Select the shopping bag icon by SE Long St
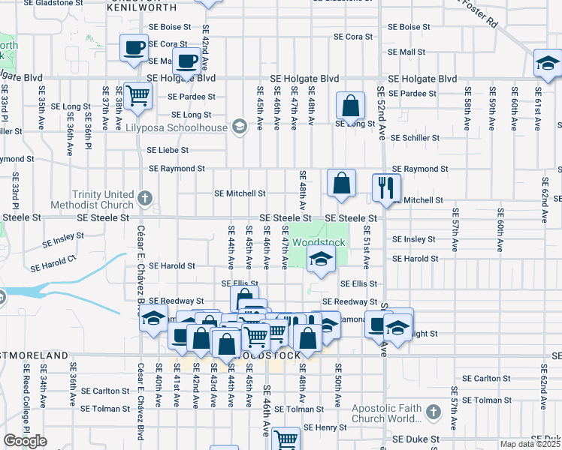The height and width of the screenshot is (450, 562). coord(350,106)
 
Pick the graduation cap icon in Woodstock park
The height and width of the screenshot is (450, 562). coord(321,259)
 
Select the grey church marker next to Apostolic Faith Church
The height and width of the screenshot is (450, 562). coord(433,412)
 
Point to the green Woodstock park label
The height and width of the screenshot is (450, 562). coord(319,242)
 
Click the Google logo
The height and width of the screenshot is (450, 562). coord(25,441)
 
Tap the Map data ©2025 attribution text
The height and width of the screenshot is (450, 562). coord(530,444)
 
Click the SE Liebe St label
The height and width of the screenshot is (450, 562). coord(168,150)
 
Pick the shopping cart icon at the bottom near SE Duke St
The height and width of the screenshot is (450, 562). coord(286,439)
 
